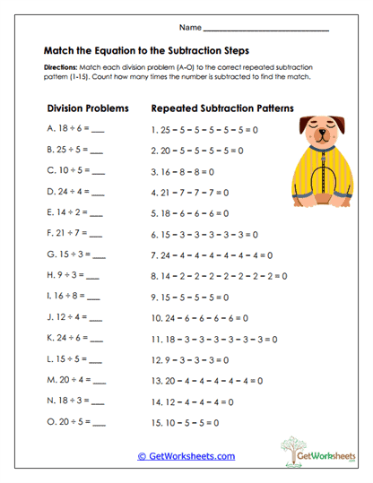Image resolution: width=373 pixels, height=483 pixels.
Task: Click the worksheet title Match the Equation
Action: (146, 51)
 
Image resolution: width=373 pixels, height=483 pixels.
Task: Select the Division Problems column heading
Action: (88, 108)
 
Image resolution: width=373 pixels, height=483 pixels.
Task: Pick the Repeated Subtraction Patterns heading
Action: (223, 108)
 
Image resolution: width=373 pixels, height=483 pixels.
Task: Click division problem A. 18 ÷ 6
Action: (75, 129)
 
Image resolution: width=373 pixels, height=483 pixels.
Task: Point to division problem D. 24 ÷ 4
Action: (75, 191)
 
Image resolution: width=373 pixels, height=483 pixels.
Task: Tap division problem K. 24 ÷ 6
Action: (75, 337)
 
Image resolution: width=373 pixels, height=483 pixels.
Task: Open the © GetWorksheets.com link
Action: (186, 455)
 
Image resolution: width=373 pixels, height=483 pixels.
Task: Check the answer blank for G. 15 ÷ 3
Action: (98, 254)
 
